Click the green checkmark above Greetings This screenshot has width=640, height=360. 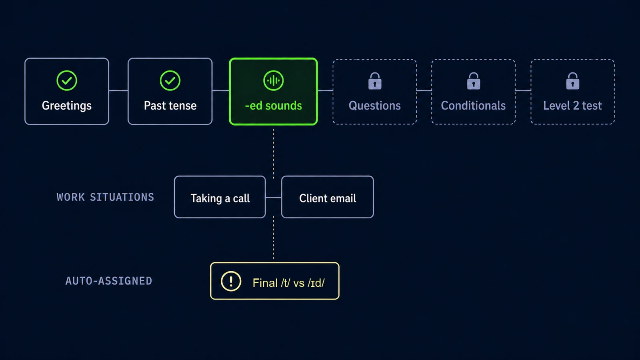coord(66,80)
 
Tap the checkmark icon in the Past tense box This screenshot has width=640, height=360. coord(170,80)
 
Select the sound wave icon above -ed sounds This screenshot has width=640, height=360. coord(274,80)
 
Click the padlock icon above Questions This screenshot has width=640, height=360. coord(374,81)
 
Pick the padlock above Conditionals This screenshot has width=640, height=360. coord(474,81)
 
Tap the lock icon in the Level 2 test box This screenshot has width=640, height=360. coord(572,81)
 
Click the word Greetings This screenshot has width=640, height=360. coord(66,106)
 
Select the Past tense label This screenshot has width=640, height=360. coord(170,106)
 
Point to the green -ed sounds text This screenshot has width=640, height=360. coord(274,106)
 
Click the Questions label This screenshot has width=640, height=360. coord(374,106)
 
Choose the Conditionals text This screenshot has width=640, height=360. coord(473,106)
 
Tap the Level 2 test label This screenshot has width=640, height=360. coord(572,106)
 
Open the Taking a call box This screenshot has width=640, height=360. coord(220,197)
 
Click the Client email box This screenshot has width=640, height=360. coord(328,197)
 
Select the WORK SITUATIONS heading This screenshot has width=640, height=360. coord(106,197)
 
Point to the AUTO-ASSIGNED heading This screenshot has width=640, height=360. coord(108,281)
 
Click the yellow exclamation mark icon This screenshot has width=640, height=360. coord(231,281)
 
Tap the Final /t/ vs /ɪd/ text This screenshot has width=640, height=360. coord(288,283)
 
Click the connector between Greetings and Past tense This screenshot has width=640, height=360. coord(118,90)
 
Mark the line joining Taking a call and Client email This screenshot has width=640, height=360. coord(274,197)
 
